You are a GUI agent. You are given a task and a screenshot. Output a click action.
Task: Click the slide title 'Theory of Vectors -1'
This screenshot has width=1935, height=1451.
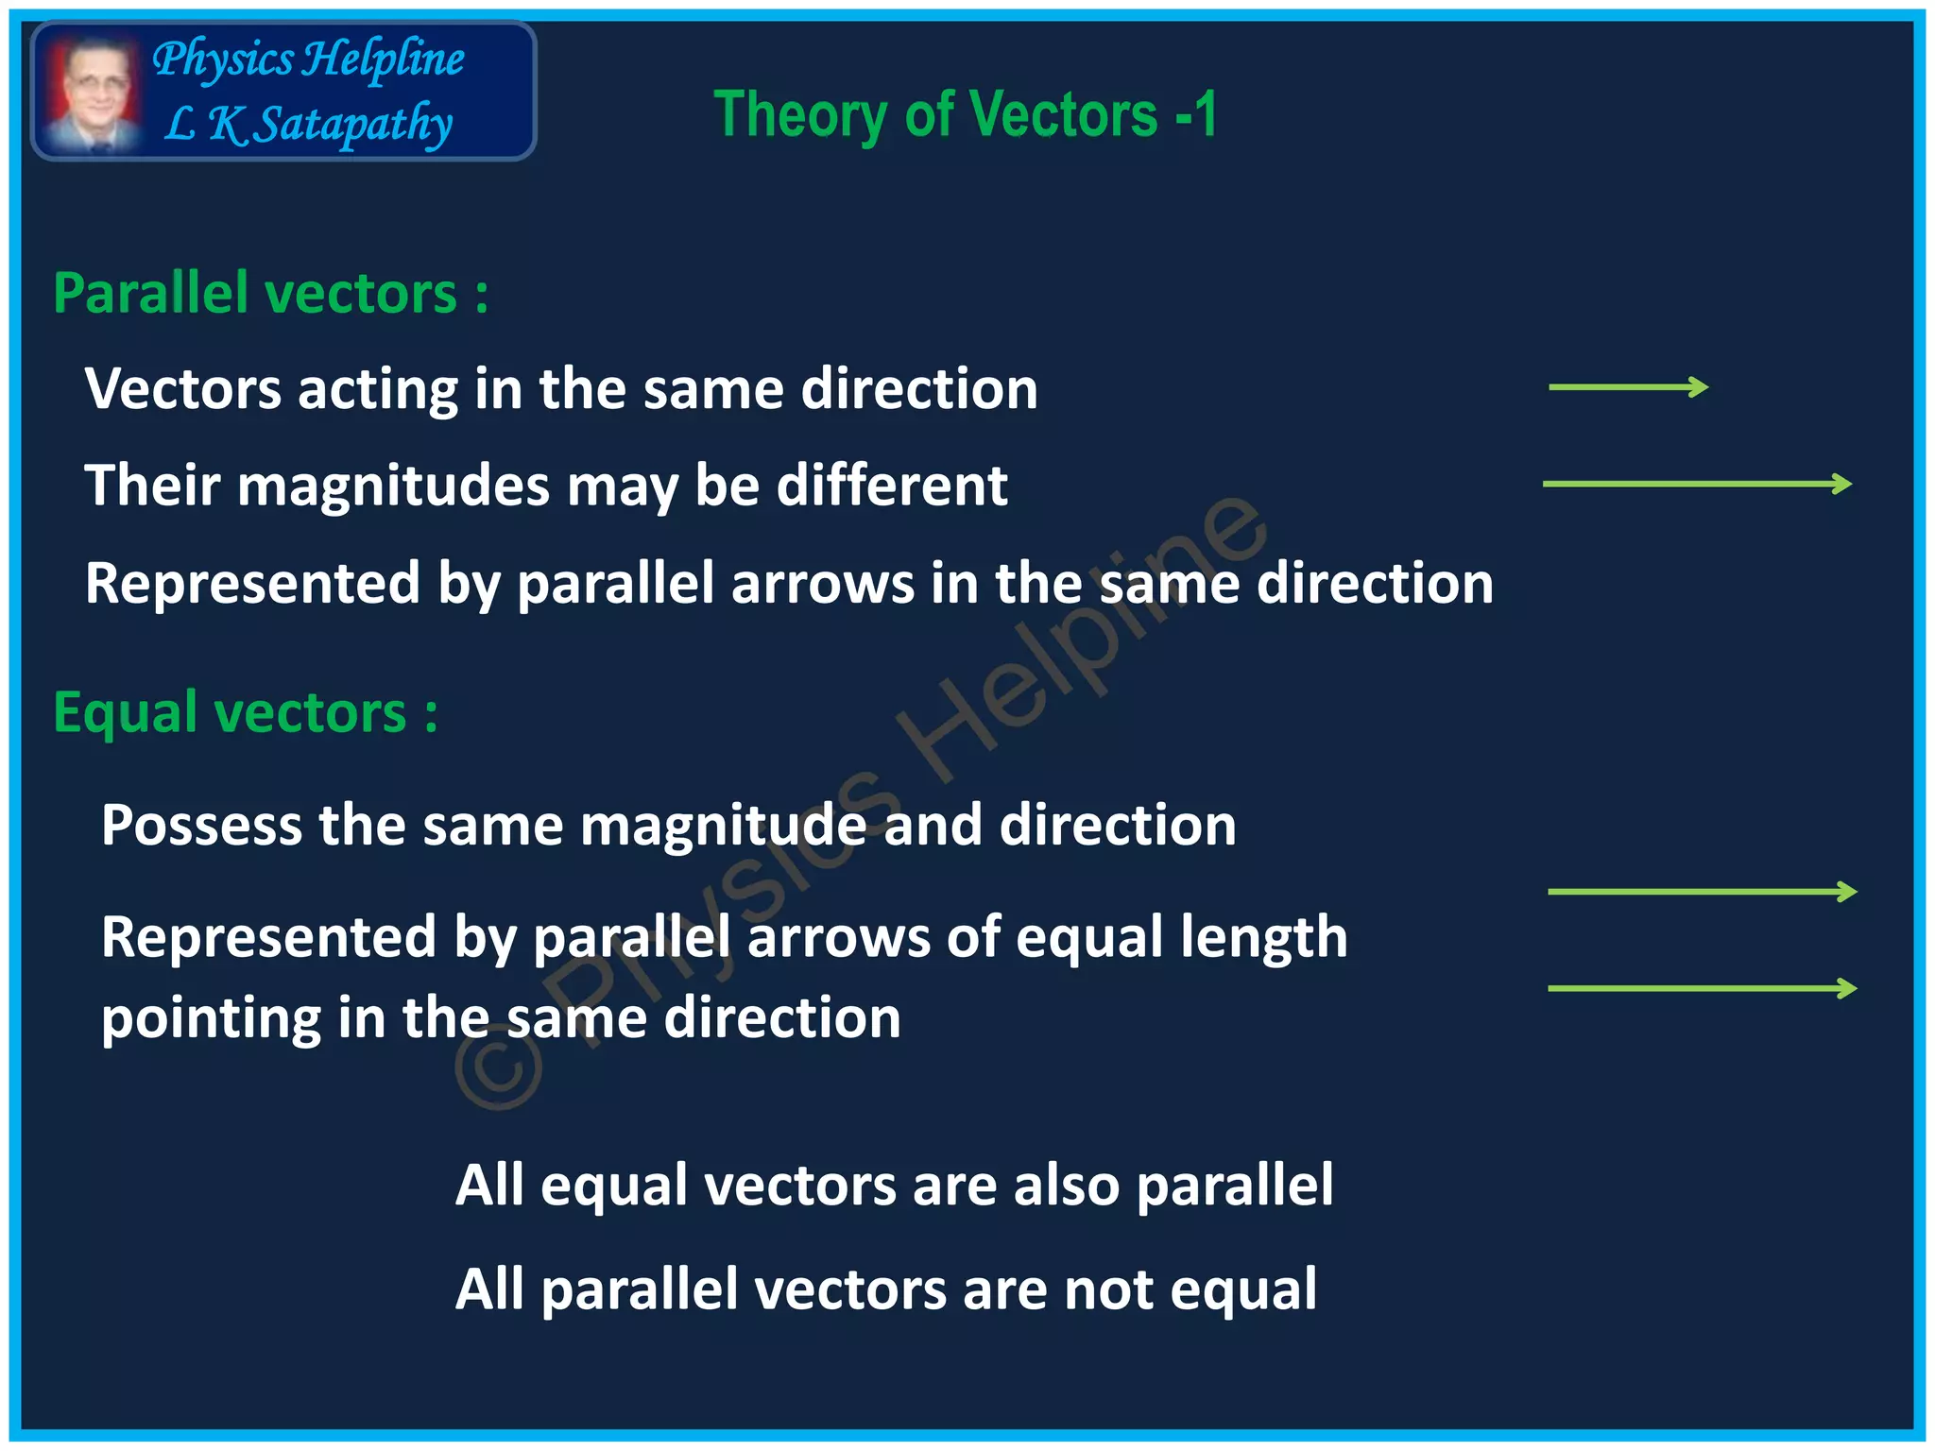click(965, 114)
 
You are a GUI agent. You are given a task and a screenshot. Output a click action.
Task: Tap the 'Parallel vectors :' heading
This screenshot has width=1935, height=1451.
click(270, 293)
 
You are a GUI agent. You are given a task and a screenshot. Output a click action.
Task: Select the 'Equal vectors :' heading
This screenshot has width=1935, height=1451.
click(245, 712)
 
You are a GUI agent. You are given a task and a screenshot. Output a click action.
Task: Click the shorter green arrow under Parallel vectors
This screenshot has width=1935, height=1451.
click(1628, 386)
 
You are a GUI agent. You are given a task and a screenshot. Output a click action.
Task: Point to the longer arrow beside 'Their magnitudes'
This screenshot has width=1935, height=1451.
click(1697, 484)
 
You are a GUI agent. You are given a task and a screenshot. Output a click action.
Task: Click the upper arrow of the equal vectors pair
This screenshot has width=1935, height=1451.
click(1702, 891)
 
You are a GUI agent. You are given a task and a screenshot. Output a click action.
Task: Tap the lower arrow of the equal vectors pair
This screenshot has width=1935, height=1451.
click(1702, 988)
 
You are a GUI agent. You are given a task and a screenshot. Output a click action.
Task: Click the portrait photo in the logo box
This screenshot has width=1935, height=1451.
click(92, 92)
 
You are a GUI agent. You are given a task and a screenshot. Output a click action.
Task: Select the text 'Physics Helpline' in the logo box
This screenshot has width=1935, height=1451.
click(308, 59)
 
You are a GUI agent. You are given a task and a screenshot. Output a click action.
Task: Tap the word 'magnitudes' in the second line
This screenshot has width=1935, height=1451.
click(393, 486)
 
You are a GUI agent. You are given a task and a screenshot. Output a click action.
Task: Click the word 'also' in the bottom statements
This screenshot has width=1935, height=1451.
click(1066, 1185)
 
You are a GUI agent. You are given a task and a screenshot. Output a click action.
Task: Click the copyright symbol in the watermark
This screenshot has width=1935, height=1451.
click(499, 1067)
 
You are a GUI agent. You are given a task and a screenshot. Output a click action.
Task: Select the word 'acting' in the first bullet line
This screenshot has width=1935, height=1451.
click(377, 389)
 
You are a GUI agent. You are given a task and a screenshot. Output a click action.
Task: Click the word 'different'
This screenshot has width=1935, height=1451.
click(892, 486)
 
